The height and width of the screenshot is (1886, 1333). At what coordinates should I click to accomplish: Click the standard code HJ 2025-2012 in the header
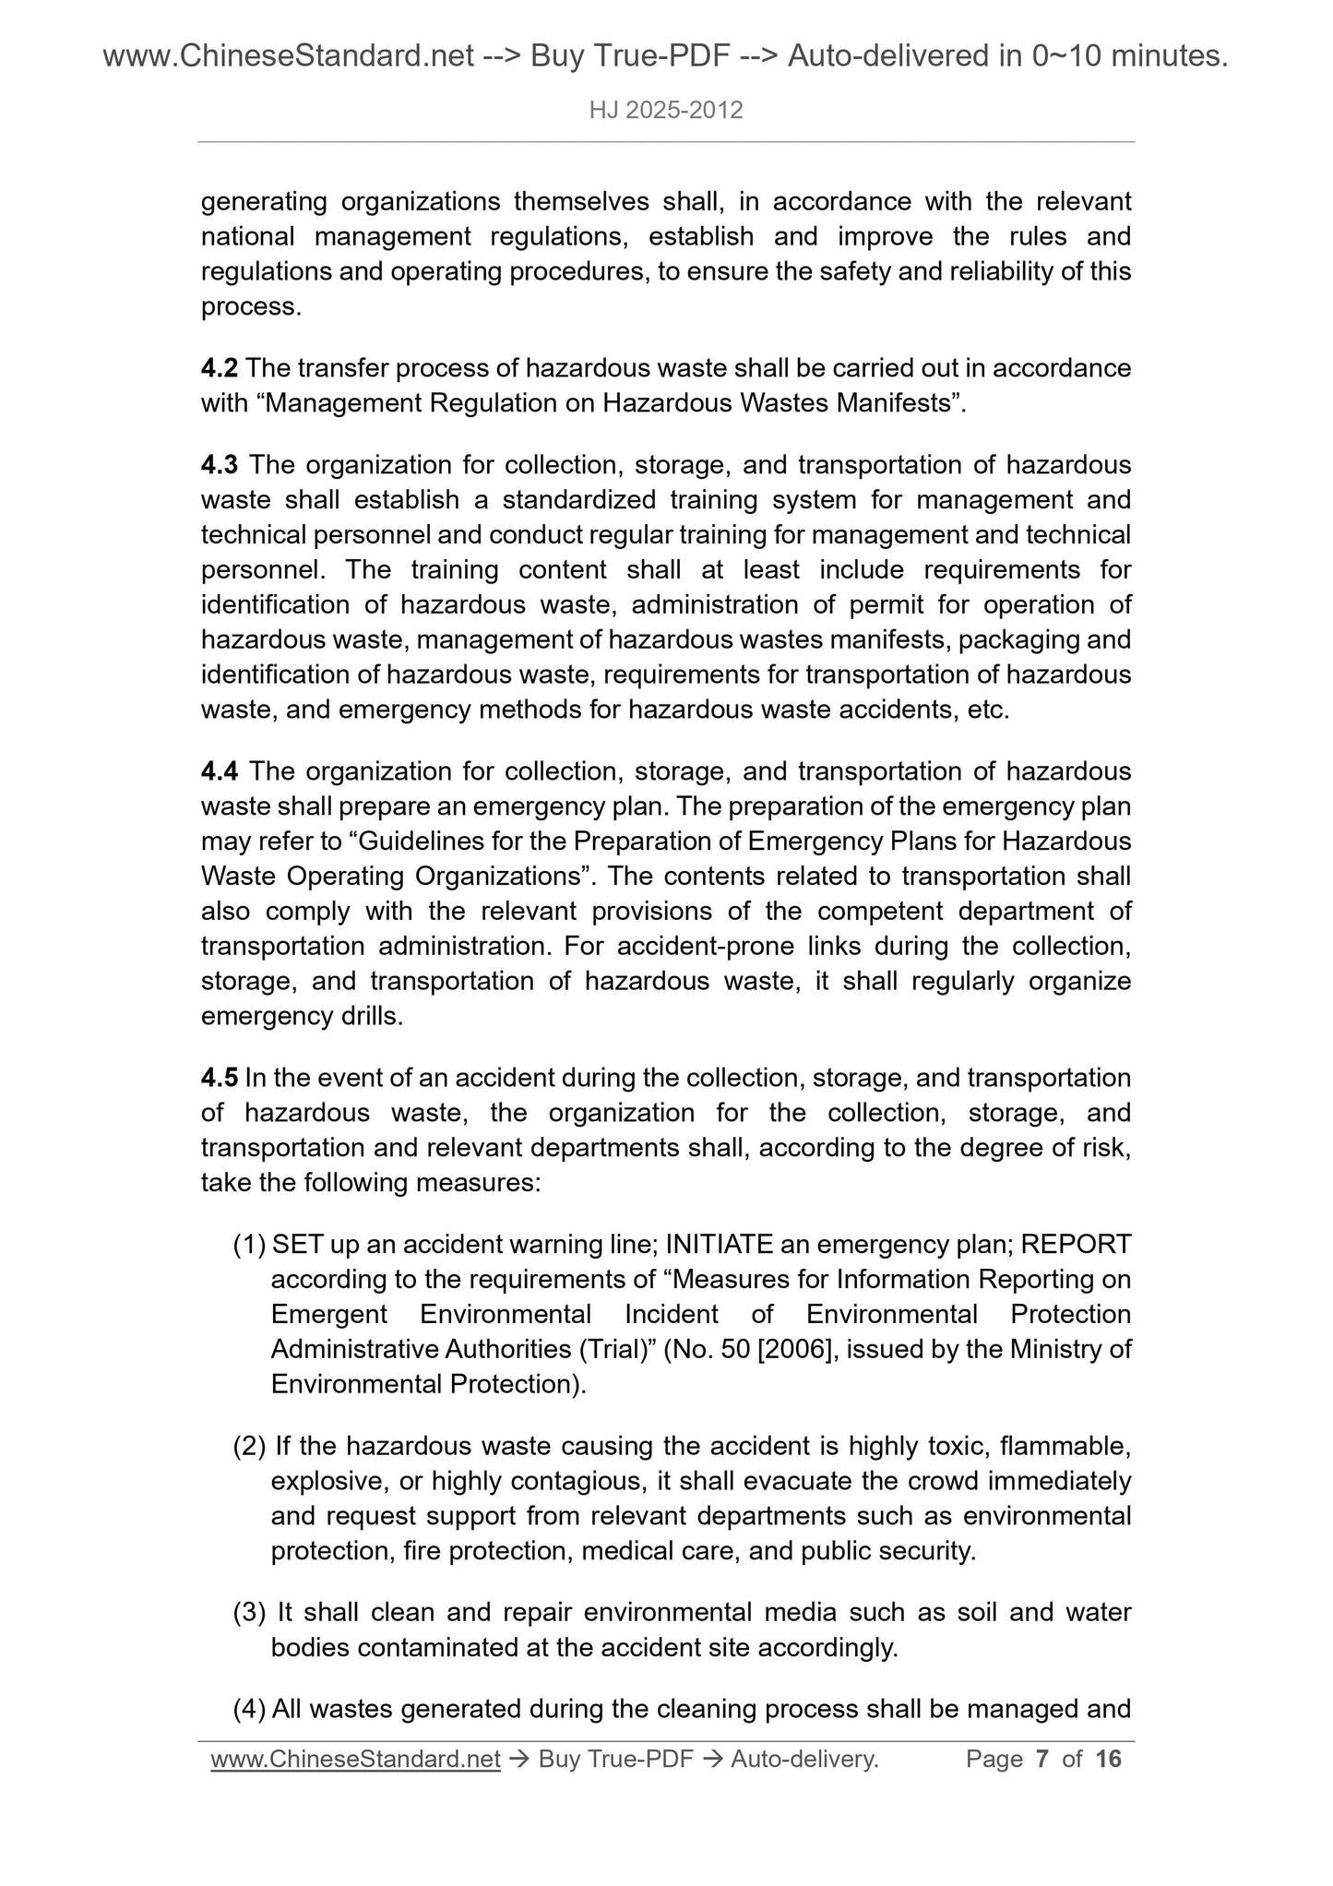coord(665,111)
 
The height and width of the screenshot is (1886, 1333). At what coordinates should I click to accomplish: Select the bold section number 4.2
coord(220,368)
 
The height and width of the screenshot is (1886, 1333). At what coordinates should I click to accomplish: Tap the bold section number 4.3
coord(220,465)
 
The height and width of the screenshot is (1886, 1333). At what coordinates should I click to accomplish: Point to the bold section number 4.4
coord(220,771)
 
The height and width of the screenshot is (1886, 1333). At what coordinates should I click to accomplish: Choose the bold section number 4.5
coord(220,1078)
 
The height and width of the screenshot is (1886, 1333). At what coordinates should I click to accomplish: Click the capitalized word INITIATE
coord(720,1245)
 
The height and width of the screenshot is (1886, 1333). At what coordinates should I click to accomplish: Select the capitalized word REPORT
coord(1076,1245)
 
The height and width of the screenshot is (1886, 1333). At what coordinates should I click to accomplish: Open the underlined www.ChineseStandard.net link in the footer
coord(355,1760)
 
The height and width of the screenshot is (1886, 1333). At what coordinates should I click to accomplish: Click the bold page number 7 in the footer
coord(1042,1760)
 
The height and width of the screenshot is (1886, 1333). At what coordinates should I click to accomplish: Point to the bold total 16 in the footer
coord(1108,1760)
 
